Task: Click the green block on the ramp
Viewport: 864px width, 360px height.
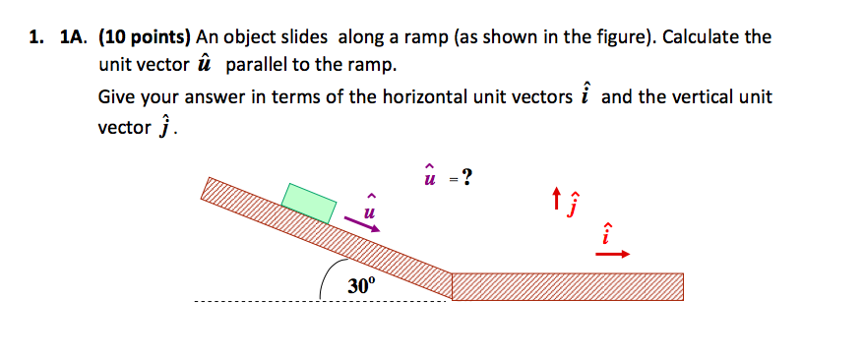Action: pos(308,203)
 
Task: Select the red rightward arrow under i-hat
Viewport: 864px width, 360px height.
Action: pos(612,255)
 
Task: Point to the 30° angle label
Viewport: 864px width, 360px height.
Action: pos(361,286)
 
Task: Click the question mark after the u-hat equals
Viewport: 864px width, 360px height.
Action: pos(465,177)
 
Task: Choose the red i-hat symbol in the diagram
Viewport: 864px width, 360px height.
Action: pos(607,234)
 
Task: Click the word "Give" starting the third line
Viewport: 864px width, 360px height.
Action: pos(118,97)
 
